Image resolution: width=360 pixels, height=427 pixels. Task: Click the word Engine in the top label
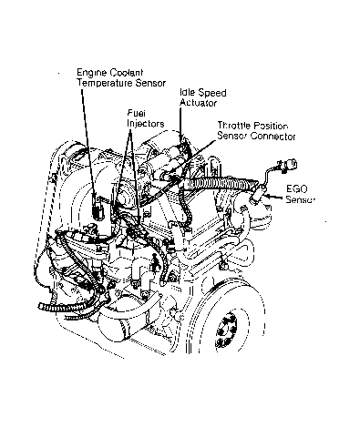coord(91,73)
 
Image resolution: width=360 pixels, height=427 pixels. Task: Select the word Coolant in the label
coord(126,73)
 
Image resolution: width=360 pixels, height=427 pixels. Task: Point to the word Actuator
coord(198,103)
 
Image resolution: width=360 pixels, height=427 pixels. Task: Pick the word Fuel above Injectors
coord(136,114)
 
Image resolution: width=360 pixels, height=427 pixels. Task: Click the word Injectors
coord(145,124)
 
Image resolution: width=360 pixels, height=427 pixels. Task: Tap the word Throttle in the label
coord(234,126)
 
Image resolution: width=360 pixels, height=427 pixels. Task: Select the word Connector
coord(273,136)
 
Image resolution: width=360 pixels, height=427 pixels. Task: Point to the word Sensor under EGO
coord(300,199)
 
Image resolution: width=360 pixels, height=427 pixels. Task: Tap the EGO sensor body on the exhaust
coord(258,194)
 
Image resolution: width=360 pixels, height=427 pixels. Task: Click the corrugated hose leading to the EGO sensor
coord(220,184)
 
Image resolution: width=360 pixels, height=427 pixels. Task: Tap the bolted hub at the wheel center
coord(227,330)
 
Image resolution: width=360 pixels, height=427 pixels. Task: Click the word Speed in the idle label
coord(212,93)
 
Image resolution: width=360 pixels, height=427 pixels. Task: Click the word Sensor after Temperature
coord(150,83)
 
